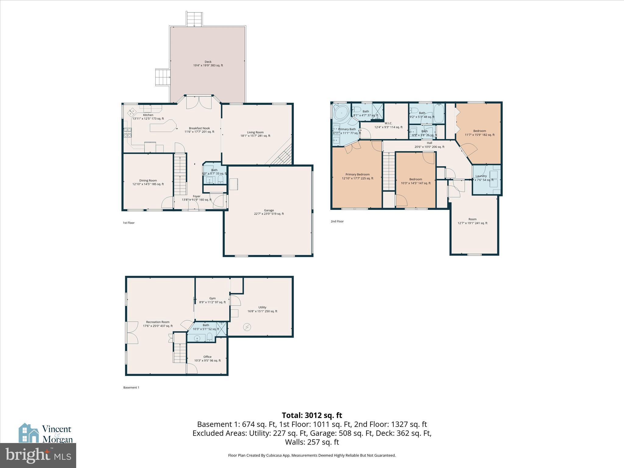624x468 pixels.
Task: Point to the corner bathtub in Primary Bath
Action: click(342, 113)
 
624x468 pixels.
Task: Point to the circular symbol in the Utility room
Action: click(247, 327)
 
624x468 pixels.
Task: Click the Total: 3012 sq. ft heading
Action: click(312, 415)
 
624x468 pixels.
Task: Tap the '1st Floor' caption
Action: click(129, 223)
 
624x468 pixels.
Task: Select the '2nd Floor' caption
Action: click(337, 222)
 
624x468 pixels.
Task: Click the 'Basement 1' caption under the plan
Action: click(131, 388)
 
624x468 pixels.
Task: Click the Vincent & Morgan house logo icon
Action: click(29, 433)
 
